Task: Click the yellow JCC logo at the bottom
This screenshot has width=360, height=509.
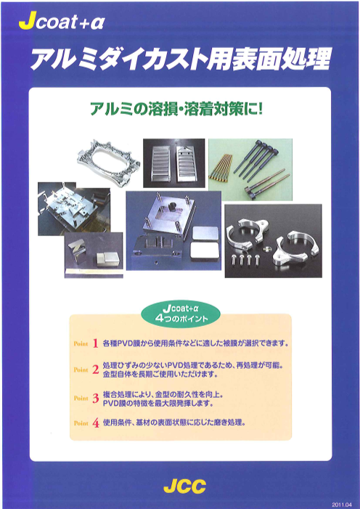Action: coord(184,486)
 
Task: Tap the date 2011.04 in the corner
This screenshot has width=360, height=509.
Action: coord(342,504)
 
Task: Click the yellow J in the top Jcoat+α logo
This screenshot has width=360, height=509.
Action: coord(28,23)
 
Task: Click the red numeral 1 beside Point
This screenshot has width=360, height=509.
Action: coord(95,343)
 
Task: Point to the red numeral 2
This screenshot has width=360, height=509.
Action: coord(95,370)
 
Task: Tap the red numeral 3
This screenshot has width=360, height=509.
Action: coord(95,399)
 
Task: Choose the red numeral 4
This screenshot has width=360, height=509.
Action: coord(96,423)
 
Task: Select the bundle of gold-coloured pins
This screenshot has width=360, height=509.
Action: coord(222,168)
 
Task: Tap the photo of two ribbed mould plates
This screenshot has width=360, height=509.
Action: coord(174,163)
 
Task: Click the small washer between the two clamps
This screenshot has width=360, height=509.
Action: coord(266,249)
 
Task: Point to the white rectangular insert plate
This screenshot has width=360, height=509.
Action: coord(205,253)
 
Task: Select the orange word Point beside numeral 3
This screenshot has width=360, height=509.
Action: coord(81,399)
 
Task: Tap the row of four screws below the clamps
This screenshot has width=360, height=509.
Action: coord(245,259)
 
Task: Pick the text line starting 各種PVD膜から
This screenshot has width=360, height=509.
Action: coord(195,343)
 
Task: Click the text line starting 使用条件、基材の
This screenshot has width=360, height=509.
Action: coord(173,423)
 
